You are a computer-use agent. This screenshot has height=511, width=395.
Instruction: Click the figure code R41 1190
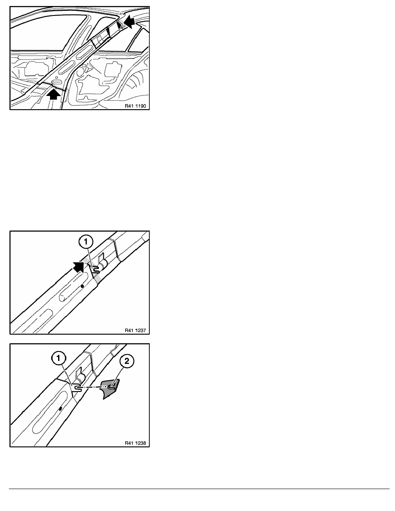point(136,106)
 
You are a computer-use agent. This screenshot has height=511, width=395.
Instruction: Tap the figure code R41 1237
point(136,330)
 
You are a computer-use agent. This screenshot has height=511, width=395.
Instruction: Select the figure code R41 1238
point(136,443)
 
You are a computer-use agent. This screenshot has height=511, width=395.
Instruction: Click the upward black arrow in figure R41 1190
point(54,94)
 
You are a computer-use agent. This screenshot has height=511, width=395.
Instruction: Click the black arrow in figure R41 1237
point(79,267)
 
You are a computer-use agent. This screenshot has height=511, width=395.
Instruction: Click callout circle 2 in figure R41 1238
point(127,361)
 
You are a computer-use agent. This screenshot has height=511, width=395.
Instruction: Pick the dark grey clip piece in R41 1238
point(110,388)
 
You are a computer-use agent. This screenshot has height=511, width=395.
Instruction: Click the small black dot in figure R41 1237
point(83,286)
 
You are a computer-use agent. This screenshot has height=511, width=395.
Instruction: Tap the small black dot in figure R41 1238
point(60,408)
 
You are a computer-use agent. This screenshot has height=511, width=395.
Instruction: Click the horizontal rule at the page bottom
point(199,489)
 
